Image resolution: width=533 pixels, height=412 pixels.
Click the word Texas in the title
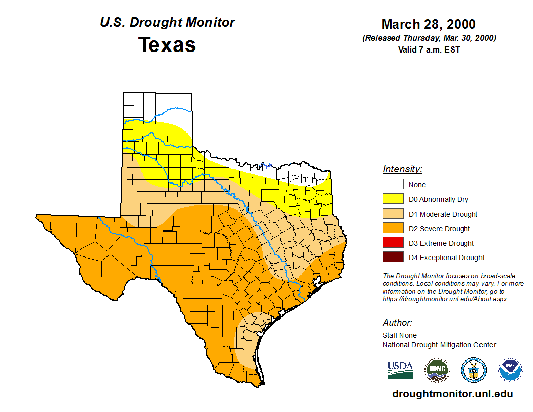[x=167, y=45]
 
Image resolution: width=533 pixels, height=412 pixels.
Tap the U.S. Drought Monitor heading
[x=167, y=23]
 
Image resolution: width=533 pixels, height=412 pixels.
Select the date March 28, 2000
[x=429, y=24]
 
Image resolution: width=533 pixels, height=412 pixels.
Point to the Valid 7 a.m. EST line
[x=429, y=49]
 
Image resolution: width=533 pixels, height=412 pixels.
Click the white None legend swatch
[x=393, y=185]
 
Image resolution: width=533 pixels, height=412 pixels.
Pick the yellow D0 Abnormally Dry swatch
[x=393, y=199]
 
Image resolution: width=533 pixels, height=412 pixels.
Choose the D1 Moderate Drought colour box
[x=393, y=214]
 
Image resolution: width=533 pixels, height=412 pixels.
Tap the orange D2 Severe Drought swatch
[x=393, y=229]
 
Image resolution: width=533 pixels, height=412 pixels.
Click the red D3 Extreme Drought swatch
[x=393, y=243]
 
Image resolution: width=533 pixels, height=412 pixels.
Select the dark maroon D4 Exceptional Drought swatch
[x=393, y=257]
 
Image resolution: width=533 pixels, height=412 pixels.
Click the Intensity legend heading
[x=402, y=169]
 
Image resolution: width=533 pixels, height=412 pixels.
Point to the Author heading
[x=397, y=323]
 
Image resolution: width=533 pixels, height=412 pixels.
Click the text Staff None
[x=400, y=335]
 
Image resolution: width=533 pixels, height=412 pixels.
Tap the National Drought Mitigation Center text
[x=439, y=345]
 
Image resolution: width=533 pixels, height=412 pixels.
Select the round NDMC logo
[x=437, y=370]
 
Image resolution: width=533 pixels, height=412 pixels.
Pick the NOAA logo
[x=510, y=370]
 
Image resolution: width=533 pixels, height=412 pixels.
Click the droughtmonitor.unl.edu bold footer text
[x=452, y=394]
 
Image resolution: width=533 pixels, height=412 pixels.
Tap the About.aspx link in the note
[x=445, y=299]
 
